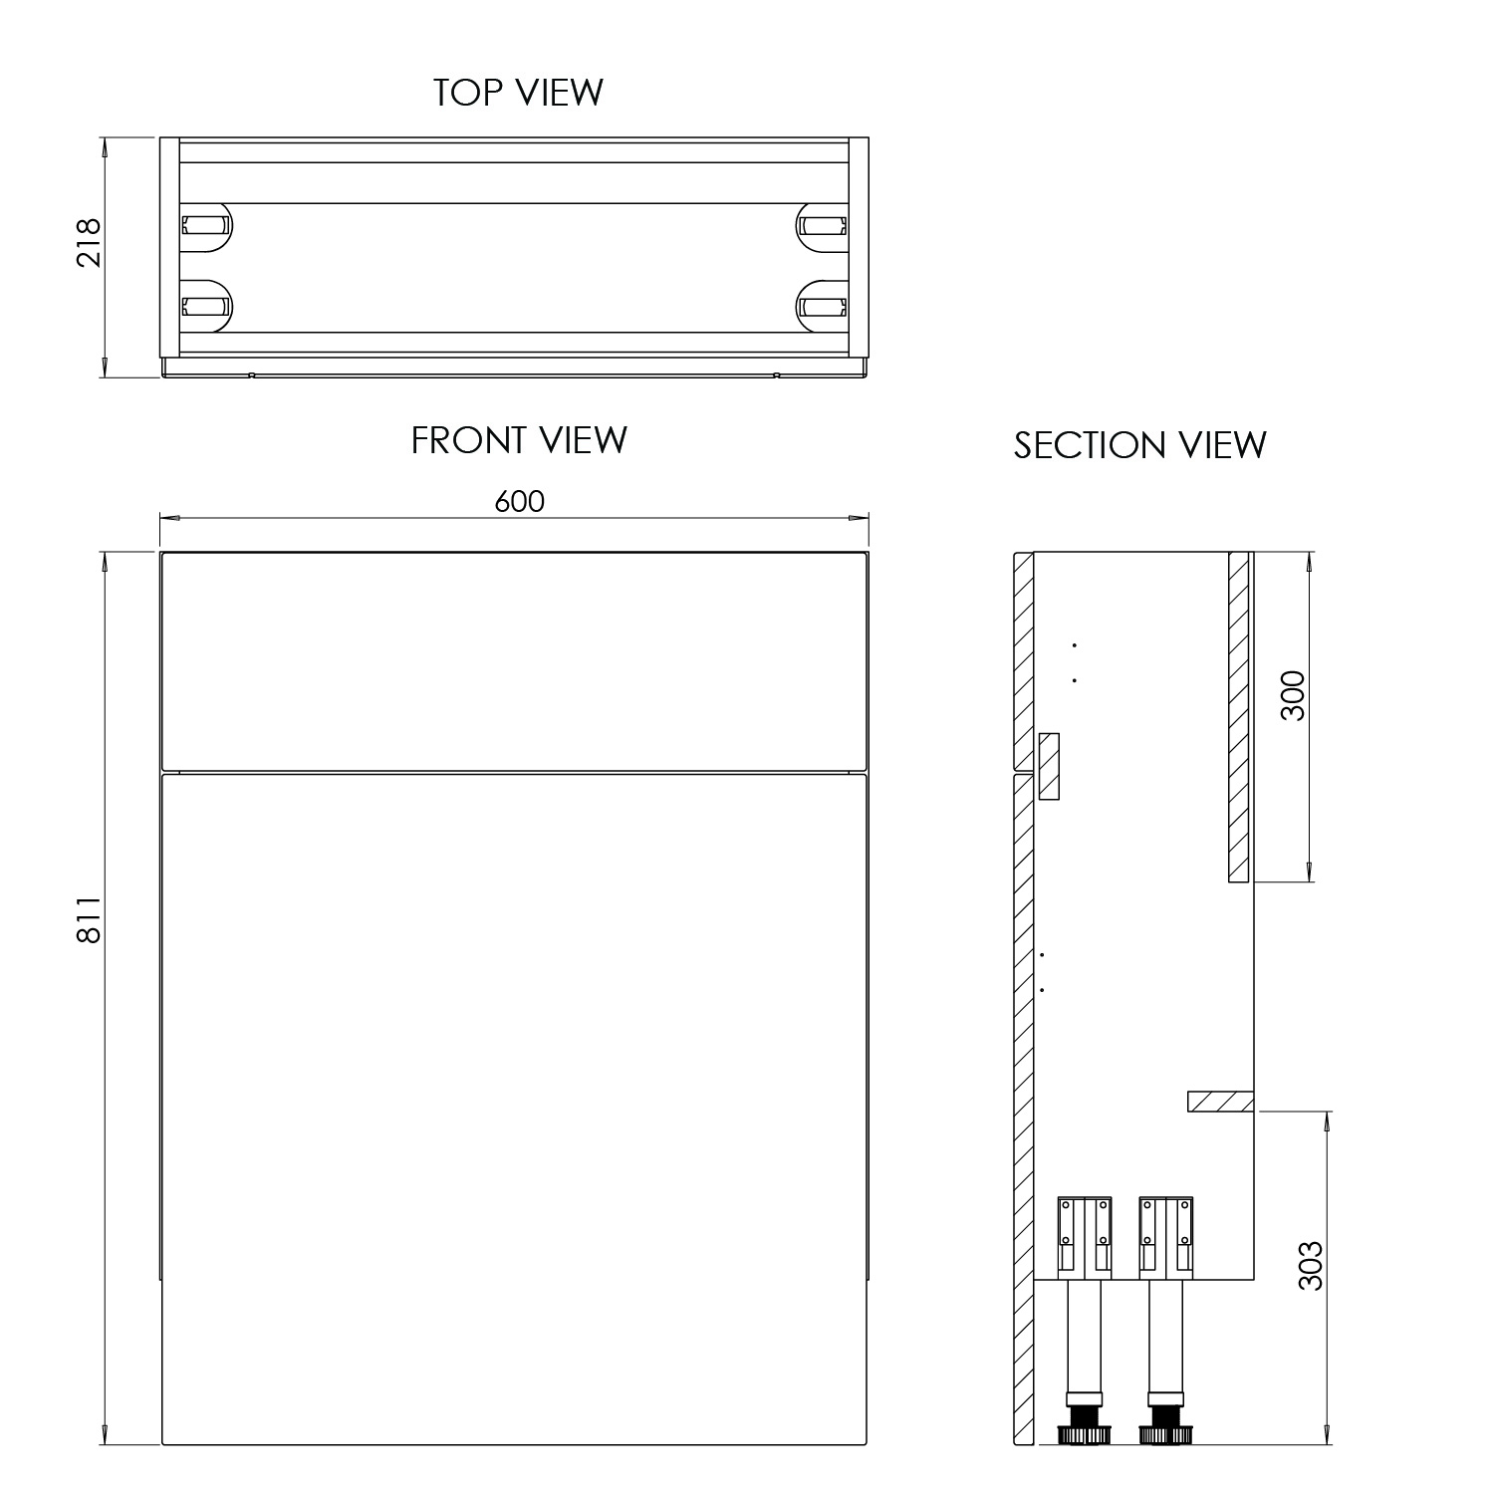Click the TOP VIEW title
(x=518, y=92)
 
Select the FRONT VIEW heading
(x=519, y=440)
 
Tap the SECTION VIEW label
(x=1139, y=445)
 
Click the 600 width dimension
(x=519, y=501)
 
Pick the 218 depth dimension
(x=90, y=242)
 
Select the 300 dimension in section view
(x=1292, y=697)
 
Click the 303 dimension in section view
(x=1312, y=1265)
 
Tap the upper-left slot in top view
(x=205, y=226)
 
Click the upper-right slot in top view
(x=823, y=226)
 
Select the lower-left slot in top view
(x=205, y=305)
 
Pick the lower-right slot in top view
(x=823, y=305)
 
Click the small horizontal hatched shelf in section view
(x=1220, y=1102)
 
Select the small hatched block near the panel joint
(x=1049, y=766)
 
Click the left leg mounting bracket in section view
(x=1084, y=1236)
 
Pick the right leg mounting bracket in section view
(x=1166, y=1236)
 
